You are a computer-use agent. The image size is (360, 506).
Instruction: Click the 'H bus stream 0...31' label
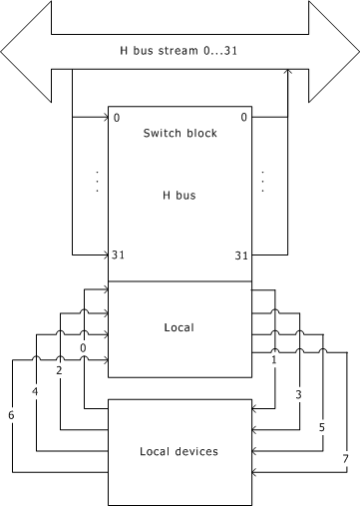tap(179, 51)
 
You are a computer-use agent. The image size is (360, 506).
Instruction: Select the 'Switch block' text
tap(180, 133)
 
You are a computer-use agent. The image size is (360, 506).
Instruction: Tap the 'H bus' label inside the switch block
tap(180, 195)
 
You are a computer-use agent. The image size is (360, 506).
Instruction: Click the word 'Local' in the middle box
tap(179, 327)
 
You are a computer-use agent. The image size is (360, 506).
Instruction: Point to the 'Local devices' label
tap(179, 451)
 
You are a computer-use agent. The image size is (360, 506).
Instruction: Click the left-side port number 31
tap(118, 254)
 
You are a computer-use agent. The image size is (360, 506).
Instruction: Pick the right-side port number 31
tap(241, 255)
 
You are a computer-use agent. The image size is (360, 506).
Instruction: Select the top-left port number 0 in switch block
tap(117, 118)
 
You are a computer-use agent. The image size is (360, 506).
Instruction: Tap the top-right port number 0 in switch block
tap(244, 117)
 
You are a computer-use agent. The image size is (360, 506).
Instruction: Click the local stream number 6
tap(11, 415)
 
